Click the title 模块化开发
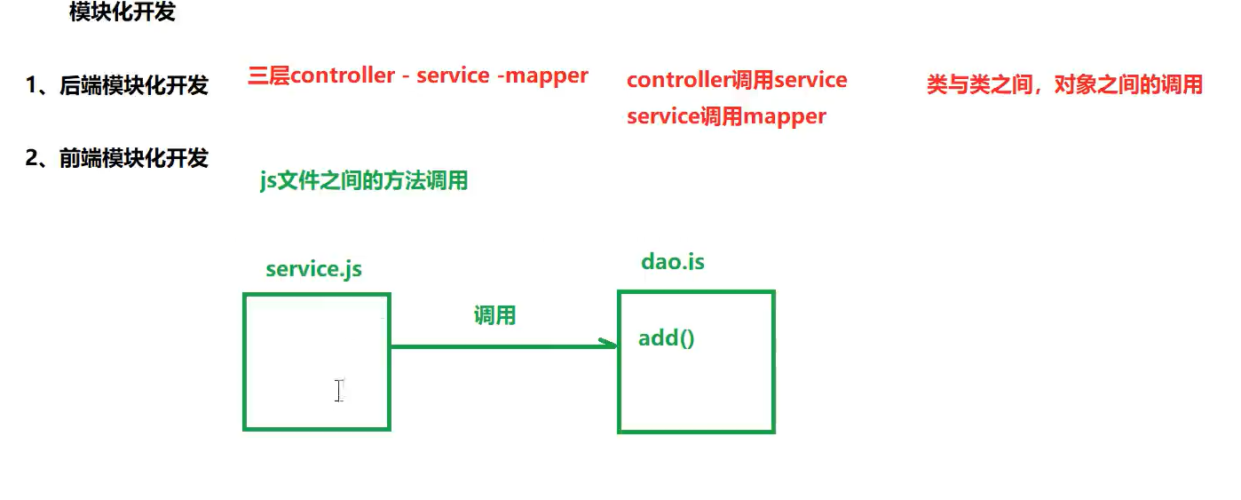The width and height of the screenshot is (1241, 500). pos(123,13)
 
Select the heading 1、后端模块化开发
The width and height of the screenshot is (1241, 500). pos(116,85)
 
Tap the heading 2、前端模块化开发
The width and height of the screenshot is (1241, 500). pos(116,158)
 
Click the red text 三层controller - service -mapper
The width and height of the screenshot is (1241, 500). pos(417,75)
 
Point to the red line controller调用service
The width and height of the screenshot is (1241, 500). pos(737,80)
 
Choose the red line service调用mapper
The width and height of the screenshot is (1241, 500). pos(726,116)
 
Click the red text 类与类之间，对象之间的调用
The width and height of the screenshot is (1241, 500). pos(1064,84)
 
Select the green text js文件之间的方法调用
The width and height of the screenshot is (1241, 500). pos(363,181)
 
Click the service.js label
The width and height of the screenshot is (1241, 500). pos(313,269)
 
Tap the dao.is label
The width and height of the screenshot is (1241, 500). pos(672,262)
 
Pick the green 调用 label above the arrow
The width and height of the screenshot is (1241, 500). pos(494,315)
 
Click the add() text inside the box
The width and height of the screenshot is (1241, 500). pos(666,338)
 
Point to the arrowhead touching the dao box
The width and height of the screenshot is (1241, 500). pos(610,345)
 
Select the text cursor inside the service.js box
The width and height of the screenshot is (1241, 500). pos(339,390)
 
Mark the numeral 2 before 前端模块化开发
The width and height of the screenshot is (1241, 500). pos(32,158)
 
